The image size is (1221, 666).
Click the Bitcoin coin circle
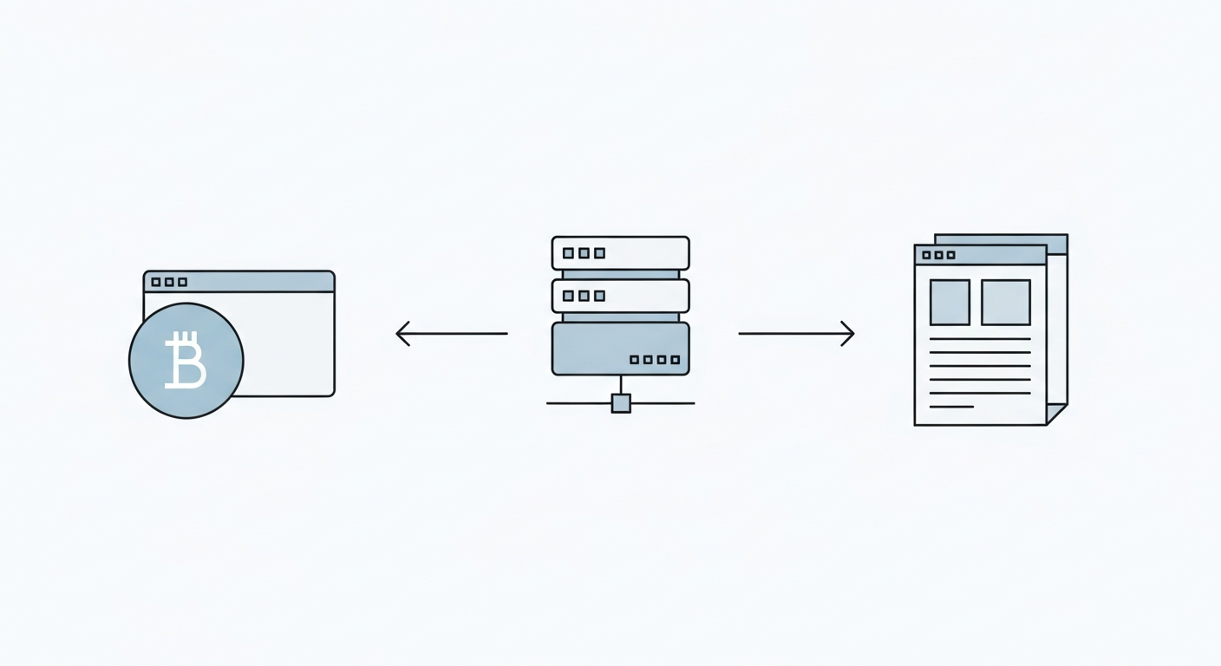[x=186, y=361]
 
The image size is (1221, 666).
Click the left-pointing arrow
[x=451, y=333]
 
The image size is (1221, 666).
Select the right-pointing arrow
[x=796, y=333]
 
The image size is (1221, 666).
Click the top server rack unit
[x=621, y=253]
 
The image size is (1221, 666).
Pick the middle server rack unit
[x=621, y=296]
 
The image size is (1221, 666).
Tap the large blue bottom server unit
[x=621, y=349]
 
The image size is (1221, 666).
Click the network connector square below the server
[x=621, y=403]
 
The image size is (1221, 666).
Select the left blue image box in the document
[x=950, y=303]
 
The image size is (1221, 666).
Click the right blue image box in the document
[x=1006, y=303]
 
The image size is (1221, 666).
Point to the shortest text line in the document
[x=951, y=407]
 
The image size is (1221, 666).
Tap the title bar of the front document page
[x=997, y=255]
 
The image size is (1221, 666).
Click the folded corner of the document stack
[x=1058, y=414]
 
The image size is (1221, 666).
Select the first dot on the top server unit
[x=568, y=253]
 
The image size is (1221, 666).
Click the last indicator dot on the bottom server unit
[x=676, y=359]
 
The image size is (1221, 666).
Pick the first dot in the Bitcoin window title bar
[x=156, y=282]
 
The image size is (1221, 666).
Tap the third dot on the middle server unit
[x=599, y=296]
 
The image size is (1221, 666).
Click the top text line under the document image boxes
[x=980, y=338]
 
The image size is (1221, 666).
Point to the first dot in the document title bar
[x=926, y=255]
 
